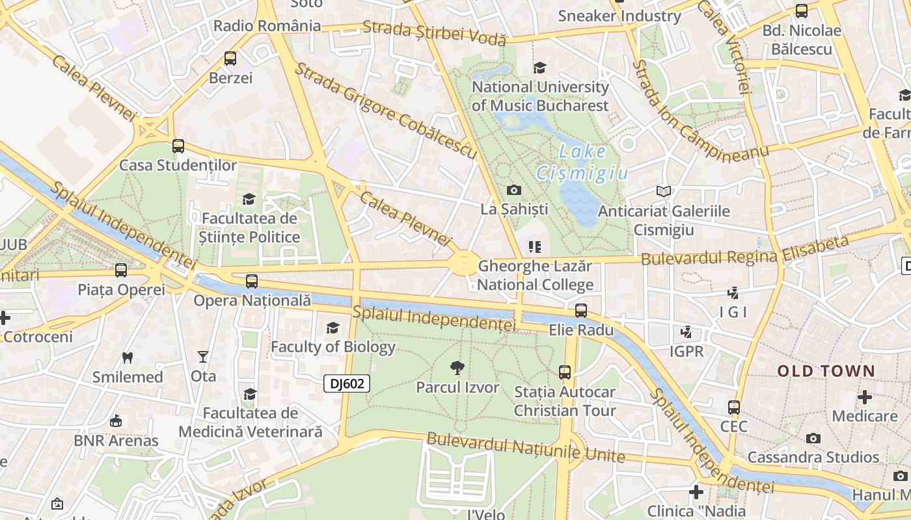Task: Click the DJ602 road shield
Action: pos(347,383)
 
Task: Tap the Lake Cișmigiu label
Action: pos(582,162)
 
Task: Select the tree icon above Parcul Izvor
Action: pos(457,368)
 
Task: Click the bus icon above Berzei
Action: pos(230,58)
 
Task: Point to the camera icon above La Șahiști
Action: pos(514,190)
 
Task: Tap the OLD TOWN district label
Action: pos(826,371)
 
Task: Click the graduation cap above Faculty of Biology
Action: pos(333,328)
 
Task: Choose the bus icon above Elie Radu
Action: pos(581,311)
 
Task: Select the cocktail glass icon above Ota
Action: pos(203,357)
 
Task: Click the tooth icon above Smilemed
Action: pos(128,357)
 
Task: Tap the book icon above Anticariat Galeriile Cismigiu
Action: pos(664,192)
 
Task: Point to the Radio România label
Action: pos(267,26)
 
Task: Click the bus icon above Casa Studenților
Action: pos(178,146)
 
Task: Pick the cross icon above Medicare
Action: pos(865,396)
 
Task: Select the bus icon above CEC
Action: pos(734,408)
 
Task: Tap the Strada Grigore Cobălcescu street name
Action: pos(387,110)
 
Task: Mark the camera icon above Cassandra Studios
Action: pos(813,438)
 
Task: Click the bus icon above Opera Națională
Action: pos(252,281)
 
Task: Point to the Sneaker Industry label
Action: pos(619,16)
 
